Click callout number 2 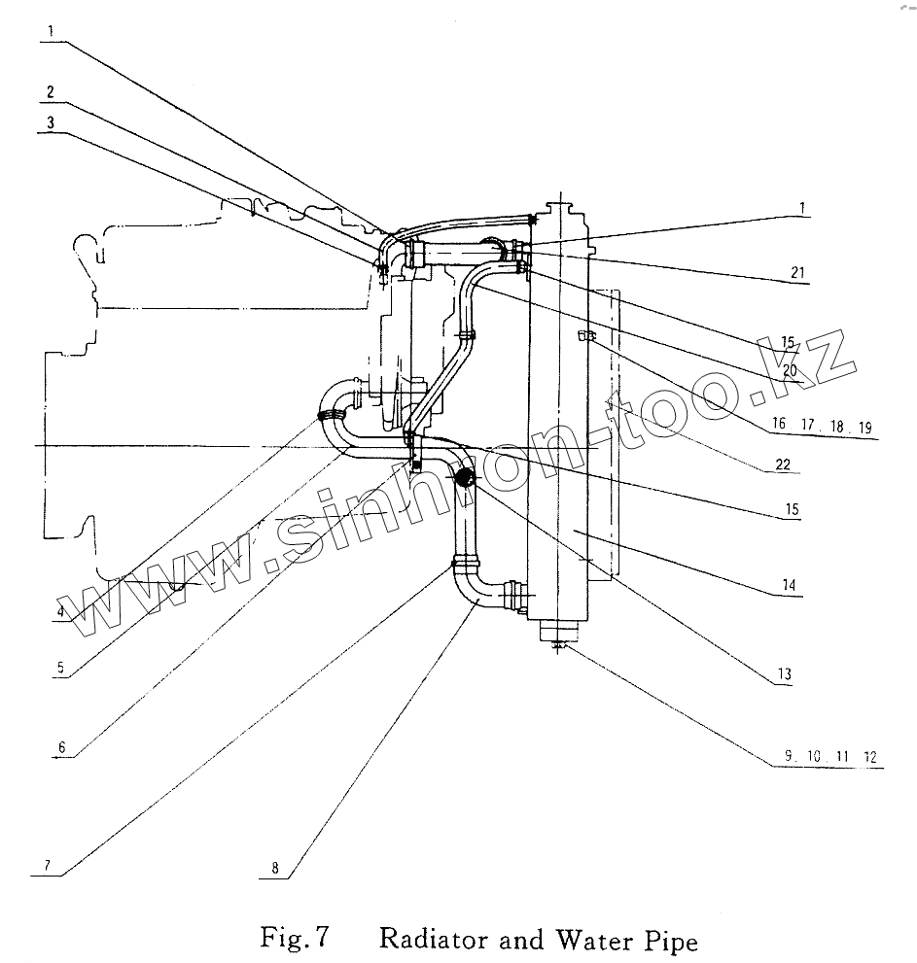tap(51, 92)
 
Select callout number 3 tap(51, 122)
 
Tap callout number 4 tap(60, 611)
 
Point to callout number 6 tap(61, 747)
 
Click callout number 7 tap(47, 866)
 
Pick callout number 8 tap(275, 868)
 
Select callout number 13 tap(784, 674)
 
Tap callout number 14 tap(790, 585)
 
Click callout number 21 tap(797, 272)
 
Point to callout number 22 tap(783, 464)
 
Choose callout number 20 tap(790, 370)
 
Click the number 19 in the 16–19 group tap(865, 428)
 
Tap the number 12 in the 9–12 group tap(870, 757)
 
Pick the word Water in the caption tap(594, 940)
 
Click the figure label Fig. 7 tap(295, 938)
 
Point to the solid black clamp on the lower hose tap(465, 476)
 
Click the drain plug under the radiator tap(558, 645)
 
